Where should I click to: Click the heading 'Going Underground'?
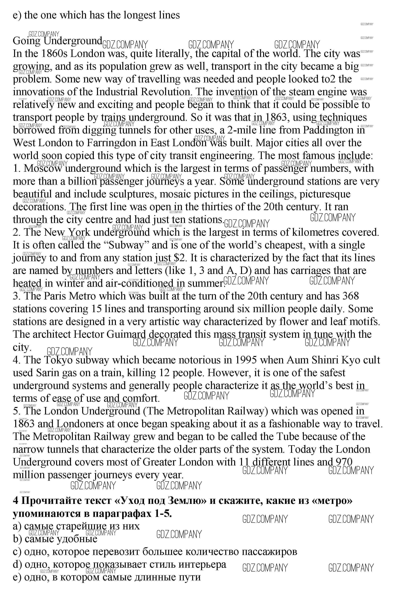tap(57, 41)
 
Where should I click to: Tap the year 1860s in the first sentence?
tap(55, 53)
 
